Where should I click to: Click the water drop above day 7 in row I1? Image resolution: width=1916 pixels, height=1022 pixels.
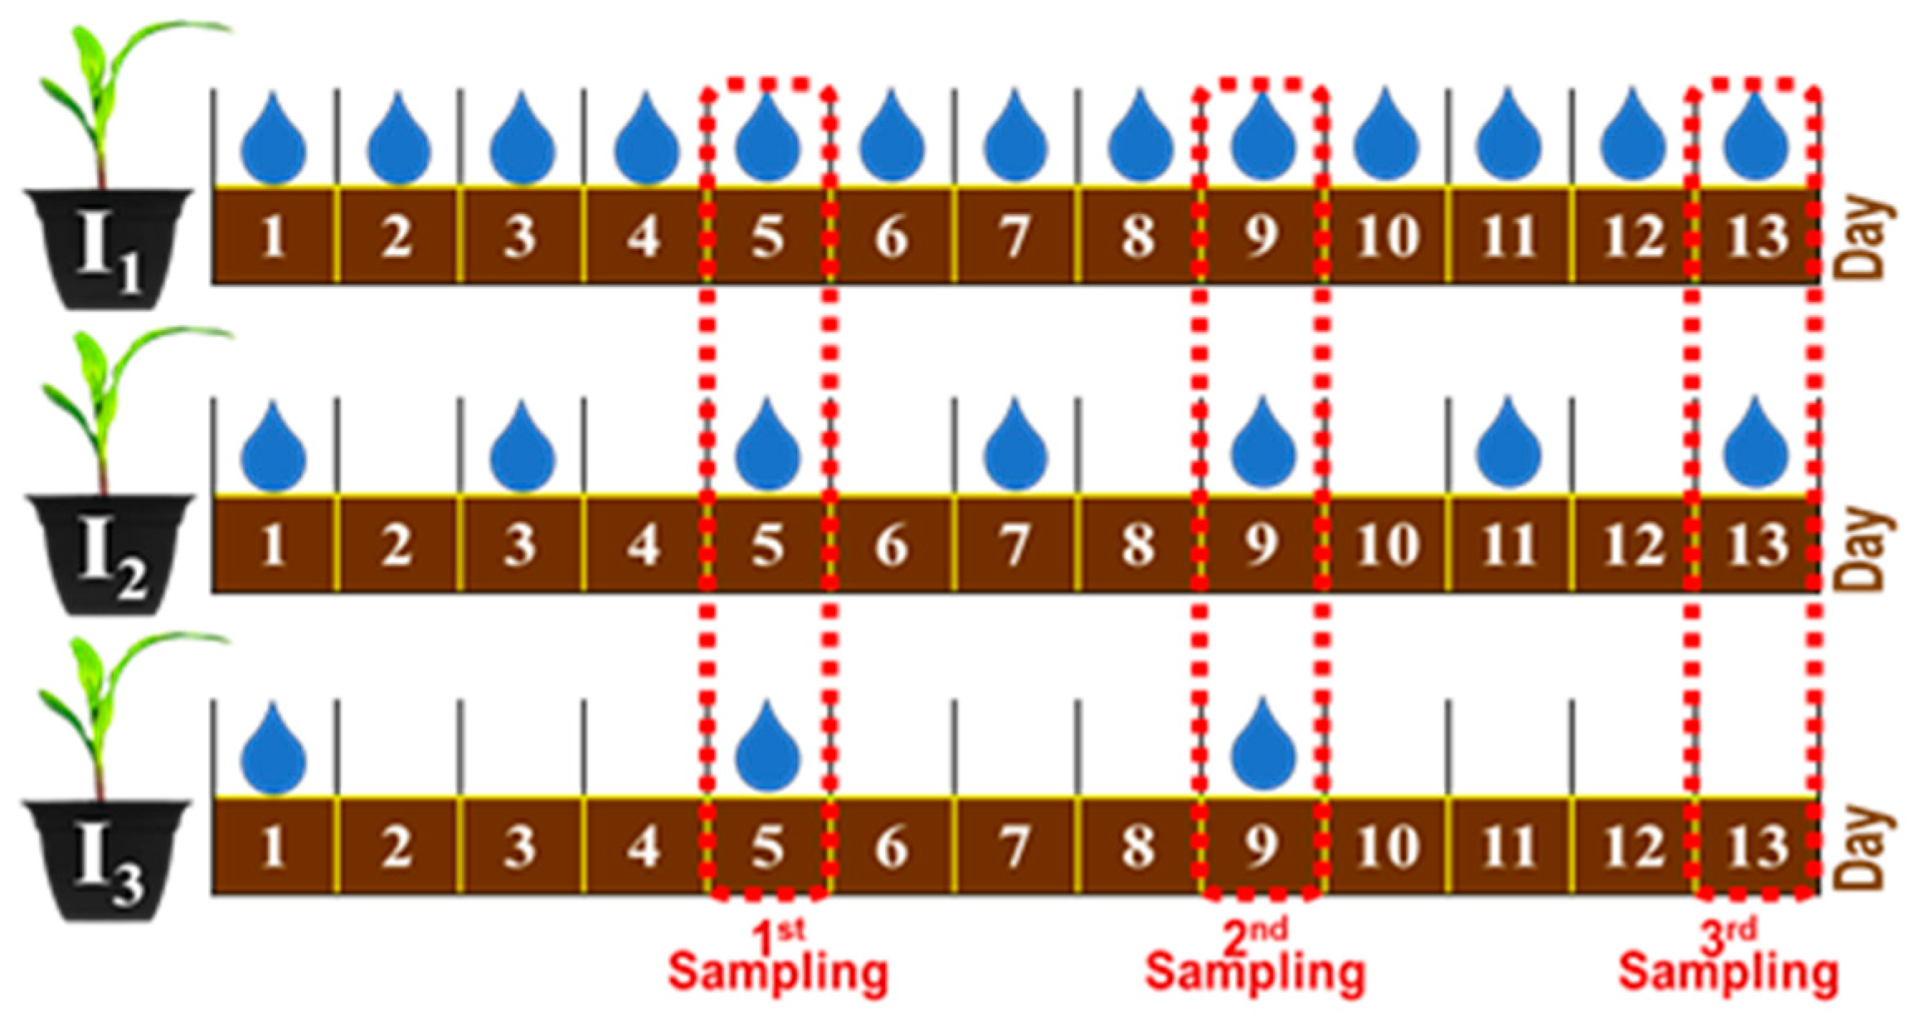1015,141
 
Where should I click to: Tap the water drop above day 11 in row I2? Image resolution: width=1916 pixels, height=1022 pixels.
1508,448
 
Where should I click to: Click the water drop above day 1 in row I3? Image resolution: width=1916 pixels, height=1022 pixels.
274,752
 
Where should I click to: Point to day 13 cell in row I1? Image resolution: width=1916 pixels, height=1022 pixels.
1757,237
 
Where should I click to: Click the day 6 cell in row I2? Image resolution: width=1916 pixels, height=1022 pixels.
892,546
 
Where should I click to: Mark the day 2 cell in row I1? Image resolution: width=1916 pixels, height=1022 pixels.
397,237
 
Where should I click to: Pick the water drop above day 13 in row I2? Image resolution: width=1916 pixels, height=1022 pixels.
1755,448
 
